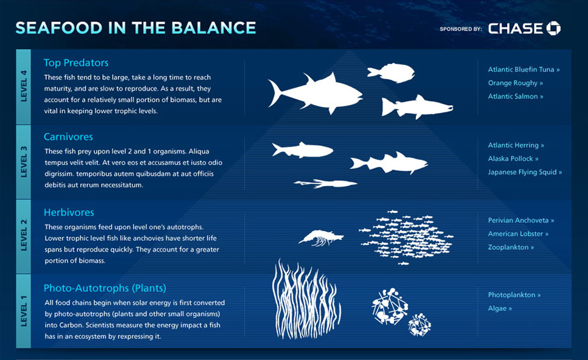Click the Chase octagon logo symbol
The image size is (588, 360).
click(553, 29)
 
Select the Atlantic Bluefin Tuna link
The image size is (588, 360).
click(524, 69)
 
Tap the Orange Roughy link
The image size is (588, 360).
click(516, 83)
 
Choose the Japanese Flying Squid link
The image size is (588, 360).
click(525, 172)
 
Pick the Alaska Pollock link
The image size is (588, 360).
click(513, 159)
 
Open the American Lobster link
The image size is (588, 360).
click(518, 234)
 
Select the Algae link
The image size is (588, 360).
click(500, 308)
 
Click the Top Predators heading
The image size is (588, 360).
click(76, 63)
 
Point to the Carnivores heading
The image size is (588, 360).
click(68, 136)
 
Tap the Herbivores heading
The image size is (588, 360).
click(69, 212)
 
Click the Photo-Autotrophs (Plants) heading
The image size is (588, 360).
click(105, 288)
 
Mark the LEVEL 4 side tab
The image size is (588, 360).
click(24, 86)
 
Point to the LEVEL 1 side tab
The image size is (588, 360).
click(24, 311)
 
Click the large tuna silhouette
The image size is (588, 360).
click(315, 94)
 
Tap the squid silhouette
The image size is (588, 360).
click(325, 184)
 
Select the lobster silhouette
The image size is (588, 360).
click(321, 238)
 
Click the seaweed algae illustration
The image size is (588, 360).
click(306, 299)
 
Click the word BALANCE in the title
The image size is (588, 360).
click(214, 28)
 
